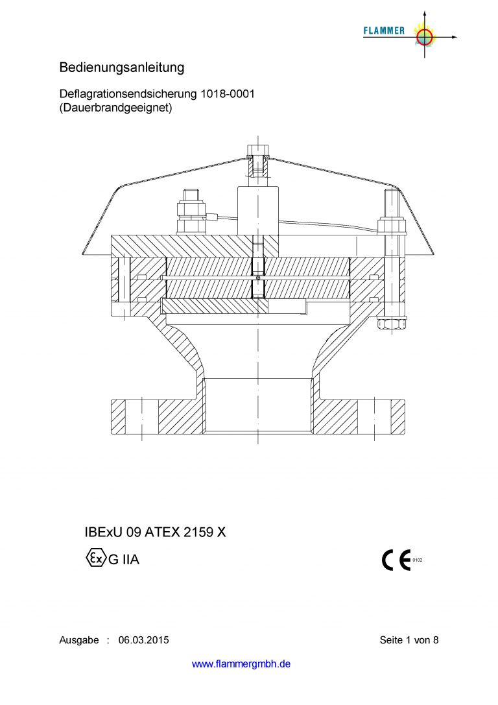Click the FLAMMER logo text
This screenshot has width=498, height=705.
click(x=383, y=30)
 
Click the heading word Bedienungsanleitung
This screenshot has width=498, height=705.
click(x=122, y=67)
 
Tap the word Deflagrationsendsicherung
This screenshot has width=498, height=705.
click(x=128, y=95)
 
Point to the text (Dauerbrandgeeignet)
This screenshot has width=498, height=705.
click(x=115, y=108)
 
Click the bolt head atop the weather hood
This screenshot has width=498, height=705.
click(x=258, y=149)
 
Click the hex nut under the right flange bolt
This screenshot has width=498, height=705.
click(x=392, y=324)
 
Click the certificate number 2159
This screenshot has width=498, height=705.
click(x=198, y=532)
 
